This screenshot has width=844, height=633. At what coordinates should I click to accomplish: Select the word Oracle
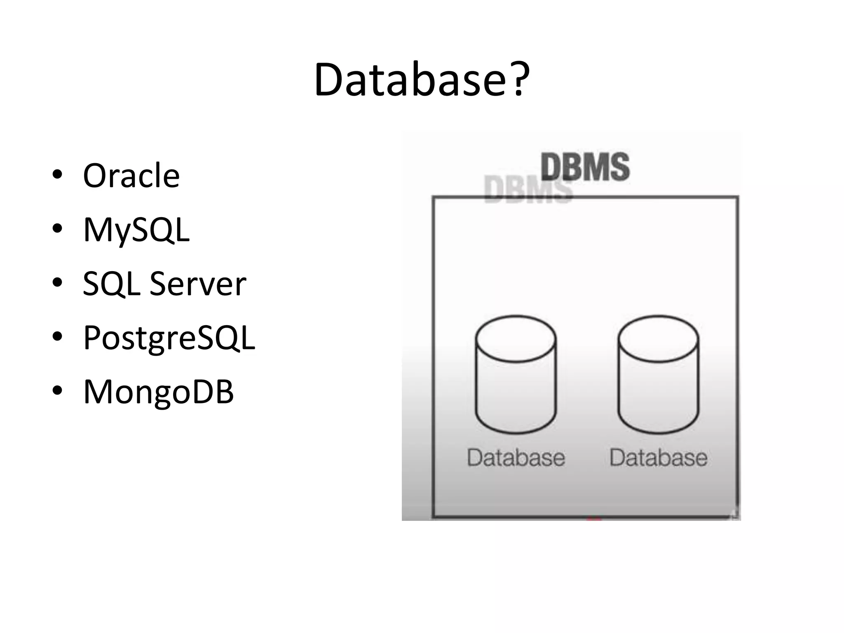[131, 176]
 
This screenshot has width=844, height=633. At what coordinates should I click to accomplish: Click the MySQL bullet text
[136, 230]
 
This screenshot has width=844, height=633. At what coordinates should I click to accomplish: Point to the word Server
[197, 284]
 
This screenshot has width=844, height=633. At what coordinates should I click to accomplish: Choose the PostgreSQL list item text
[169, 338]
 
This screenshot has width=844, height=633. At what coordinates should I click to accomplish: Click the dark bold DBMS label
[585, 167]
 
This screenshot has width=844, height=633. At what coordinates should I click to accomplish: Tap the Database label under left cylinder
[516, 457]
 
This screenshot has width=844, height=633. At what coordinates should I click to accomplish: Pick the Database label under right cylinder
[658, 457]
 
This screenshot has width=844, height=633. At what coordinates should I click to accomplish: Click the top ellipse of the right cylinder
[658, 339]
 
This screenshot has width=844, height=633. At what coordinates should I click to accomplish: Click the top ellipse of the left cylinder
[516, 339]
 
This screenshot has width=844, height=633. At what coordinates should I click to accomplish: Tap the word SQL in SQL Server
[111, 284]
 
